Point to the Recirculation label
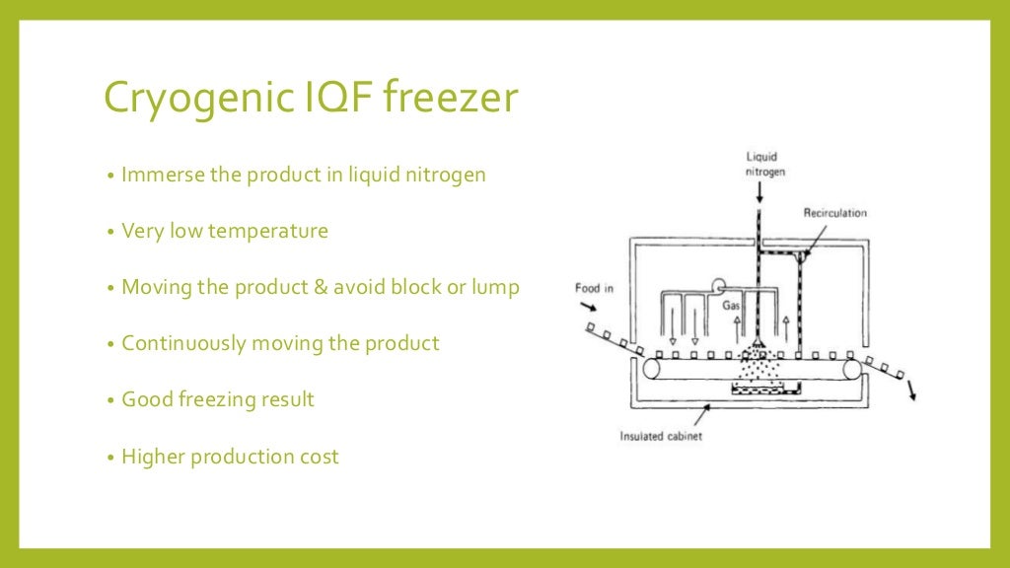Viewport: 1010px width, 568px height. [x=835, y=212]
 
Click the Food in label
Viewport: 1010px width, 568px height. [x=595, y=288]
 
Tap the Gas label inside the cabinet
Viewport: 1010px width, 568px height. [x=731, y=305]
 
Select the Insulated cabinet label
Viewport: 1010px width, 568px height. [x=661, y=436]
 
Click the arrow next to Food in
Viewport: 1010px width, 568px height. [x=590, y=309]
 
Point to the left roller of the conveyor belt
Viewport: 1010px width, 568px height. [x=652, y=369]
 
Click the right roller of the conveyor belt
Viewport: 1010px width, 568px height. [x=851, y=369]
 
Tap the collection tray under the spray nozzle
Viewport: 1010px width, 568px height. [x=758, y=391]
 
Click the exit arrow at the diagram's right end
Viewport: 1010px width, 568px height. [x=911, y=390]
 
